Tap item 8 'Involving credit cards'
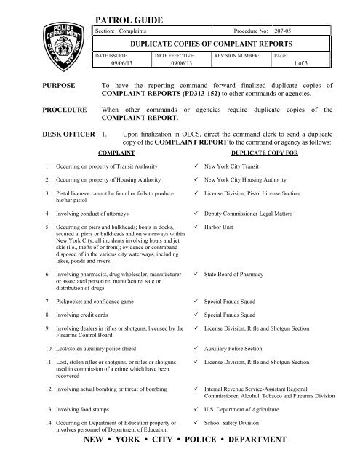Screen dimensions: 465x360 (x=86, y=315)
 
